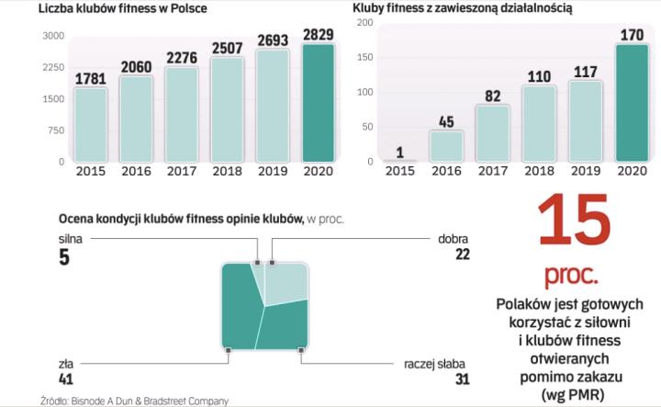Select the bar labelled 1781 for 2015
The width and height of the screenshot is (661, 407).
point(92,124)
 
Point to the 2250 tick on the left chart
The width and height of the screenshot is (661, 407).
point(52,67)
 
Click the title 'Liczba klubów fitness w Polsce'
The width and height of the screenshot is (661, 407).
point(122,9)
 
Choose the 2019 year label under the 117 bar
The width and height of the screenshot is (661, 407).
point(585,171)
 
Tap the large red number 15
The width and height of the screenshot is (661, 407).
point(575,220)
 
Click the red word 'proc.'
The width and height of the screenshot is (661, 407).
point(574,274)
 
